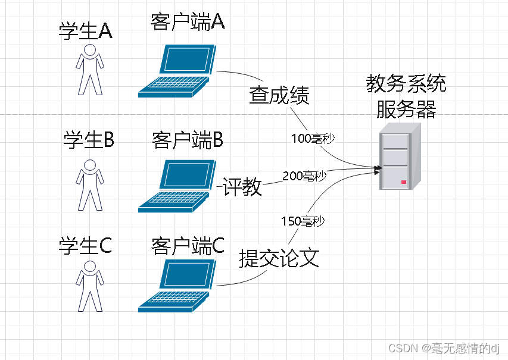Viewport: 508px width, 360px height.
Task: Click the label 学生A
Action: [x=86, y=31]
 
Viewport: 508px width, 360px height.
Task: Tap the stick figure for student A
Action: [x=90, y=69]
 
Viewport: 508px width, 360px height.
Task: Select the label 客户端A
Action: [x=187, y=22]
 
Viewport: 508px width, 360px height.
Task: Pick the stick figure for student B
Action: [x=90, y=184]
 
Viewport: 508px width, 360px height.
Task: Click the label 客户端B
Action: [x=187, y=140]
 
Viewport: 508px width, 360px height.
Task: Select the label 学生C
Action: [x=86, y=245]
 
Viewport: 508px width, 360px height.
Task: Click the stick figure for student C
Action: [x=90, y=286]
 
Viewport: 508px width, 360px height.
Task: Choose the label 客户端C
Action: [x=188, y=245]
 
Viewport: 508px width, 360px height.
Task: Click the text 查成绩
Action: [x=279, y=95]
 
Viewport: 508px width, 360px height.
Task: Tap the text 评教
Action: [x=242, y=186]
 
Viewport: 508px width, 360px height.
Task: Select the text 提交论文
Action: [x=279, y=258]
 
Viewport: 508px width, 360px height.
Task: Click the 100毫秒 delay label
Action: [x=313, y=138]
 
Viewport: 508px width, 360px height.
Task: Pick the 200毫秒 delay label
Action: [x=304, y=176]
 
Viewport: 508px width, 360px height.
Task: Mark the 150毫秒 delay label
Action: [x=302, y=221]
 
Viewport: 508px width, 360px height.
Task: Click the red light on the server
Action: [x=404, y=181]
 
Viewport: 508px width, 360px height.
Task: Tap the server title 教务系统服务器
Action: [x=406, y=96]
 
